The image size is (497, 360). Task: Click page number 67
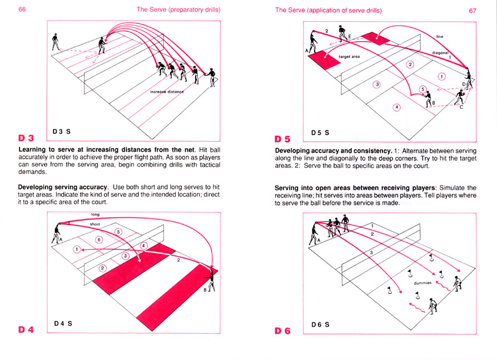point(473,11)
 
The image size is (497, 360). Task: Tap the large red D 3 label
point(26,137)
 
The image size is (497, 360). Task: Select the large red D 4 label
point(26,329)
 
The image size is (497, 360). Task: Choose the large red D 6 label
point(283,331)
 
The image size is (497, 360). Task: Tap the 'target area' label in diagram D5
point(349,57)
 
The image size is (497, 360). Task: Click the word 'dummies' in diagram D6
point(423,283)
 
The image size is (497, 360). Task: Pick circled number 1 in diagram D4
point(77,249)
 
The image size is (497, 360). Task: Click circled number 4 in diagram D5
point(396,107)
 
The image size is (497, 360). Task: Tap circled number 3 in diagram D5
point(376,84)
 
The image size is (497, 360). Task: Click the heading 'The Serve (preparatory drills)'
point(178,10)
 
